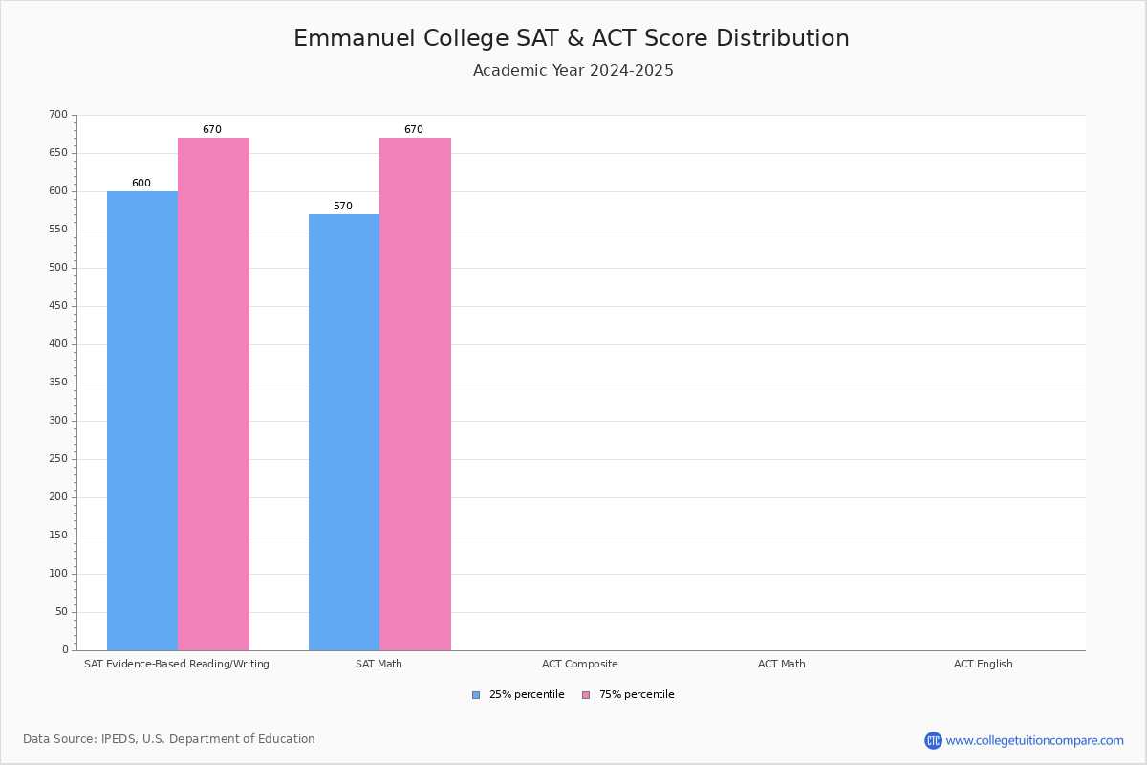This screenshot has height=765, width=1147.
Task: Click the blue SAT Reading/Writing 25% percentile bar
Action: [142, 421]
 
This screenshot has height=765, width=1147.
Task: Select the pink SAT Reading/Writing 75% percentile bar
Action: [213, 394]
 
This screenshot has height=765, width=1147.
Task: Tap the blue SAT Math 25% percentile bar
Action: [344, 432]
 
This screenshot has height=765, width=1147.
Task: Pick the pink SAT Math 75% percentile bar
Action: [415, 394]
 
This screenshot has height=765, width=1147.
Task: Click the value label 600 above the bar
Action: [141, 184]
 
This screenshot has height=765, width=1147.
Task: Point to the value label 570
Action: [343, 207]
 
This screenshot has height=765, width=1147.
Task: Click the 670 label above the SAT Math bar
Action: [413, 130]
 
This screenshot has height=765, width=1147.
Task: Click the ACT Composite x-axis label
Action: [580, 664]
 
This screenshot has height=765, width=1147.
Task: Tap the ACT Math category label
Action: [782, 664]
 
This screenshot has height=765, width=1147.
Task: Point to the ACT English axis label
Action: [983, 664]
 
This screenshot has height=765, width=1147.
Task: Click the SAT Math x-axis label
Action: [379, 664]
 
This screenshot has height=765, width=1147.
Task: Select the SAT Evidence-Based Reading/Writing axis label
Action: [177, 664]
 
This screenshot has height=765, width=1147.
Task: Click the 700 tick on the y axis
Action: [58, 115]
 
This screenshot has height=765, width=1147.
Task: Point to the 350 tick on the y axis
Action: [58, 382]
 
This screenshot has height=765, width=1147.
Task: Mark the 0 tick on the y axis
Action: [65, 650]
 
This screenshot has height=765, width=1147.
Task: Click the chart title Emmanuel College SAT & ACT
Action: [572, 38]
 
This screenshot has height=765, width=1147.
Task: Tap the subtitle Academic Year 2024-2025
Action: [573, 71]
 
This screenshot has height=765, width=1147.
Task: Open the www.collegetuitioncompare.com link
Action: [1034, 740]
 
